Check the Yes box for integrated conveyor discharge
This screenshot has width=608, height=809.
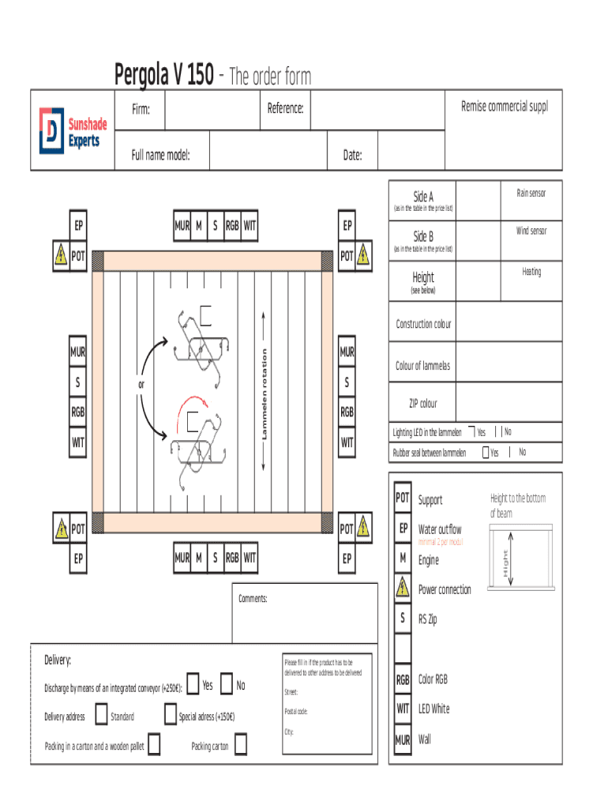(192, 685)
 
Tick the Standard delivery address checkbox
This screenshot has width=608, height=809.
(101, 716)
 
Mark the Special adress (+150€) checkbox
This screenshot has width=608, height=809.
(170, 716)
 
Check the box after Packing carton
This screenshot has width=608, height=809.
(240, 744)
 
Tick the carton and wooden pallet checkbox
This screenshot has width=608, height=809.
(154, 744)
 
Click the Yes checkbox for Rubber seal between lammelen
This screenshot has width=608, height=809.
(486, 453)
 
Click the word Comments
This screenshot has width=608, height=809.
(253, 599)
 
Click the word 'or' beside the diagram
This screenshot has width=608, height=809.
(141, 385)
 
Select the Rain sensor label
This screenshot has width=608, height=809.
(531, 193)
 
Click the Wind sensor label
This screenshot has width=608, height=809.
(531, 231)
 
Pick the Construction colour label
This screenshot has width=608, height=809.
(423, 324)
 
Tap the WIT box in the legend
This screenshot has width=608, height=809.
(403, 709)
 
